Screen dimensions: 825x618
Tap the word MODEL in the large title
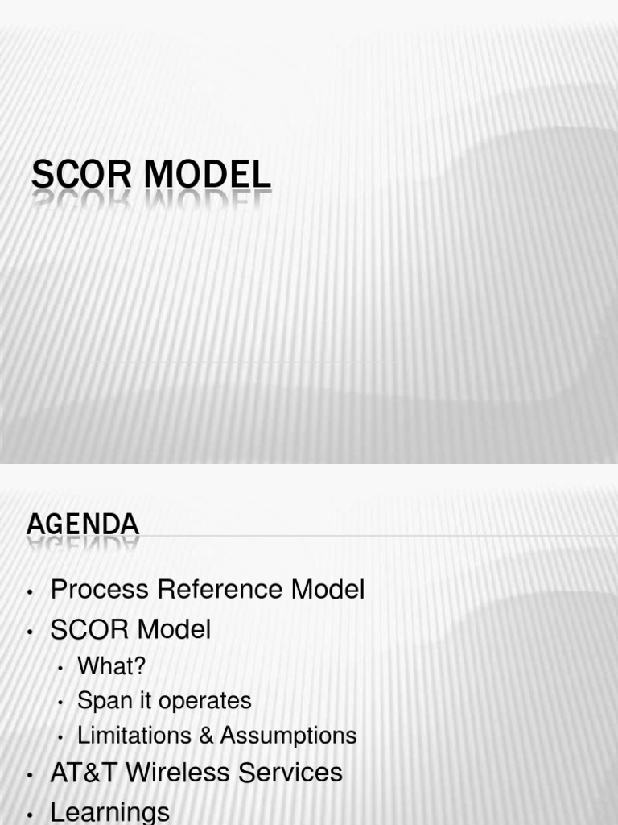coord(208,176)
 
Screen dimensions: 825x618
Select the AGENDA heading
coord(83,524)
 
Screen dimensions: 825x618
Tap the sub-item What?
coord(112,666)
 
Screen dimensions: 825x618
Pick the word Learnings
coord(110,811)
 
